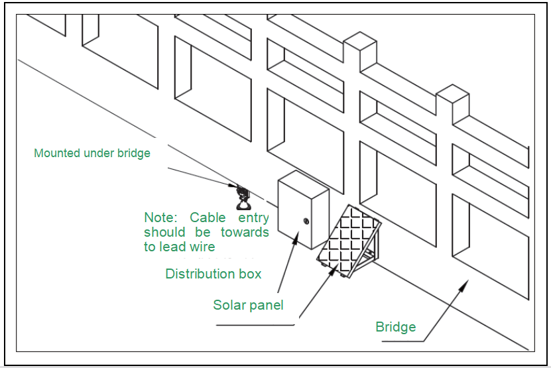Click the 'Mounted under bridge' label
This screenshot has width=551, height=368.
click(x=92, y=153)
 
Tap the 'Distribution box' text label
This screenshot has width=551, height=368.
click(x=214, y=274)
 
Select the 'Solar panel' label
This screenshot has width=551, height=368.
click(x=248, y=305)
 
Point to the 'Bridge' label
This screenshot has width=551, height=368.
click(x=396, y=326)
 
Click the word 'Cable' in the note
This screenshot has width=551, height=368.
click(x=208, y=217)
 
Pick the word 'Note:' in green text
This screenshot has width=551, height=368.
click(x=161, y=217)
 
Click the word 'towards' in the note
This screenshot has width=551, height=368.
click(x=245, y=232)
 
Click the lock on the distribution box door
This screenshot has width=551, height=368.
click(x=306, y=221)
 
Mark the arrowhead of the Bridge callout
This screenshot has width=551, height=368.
click(x=467, y=284)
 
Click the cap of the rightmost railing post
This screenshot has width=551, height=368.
click(x=453, y=93)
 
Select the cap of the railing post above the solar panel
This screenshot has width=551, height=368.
click(x=359, y=41)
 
